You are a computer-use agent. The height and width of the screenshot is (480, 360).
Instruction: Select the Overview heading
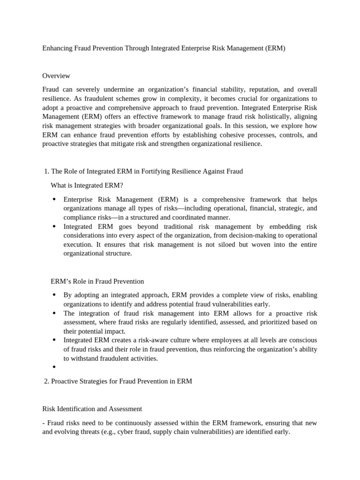[x=56, y=75]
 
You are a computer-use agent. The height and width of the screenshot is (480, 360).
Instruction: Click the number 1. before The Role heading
[x=45, y=171]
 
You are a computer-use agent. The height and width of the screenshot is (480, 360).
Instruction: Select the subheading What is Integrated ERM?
[x=87, y=185]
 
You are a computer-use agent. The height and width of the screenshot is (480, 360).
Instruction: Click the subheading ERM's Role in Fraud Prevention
[x=97, y=281]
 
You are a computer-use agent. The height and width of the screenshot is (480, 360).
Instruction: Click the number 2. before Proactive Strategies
[x=46, y=381]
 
